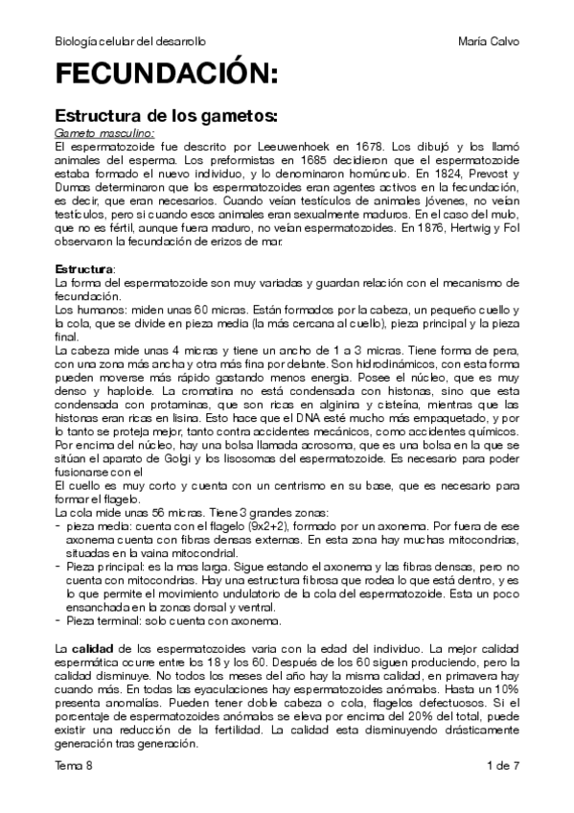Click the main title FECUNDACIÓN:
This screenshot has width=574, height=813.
click(167, 76)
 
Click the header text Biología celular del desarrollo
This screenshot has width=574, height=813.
click(131, 42)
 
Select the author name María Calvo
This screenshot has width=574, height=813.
click(489, 42)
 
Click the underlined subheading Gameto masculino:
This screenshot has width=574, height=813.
click(104, 134)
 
